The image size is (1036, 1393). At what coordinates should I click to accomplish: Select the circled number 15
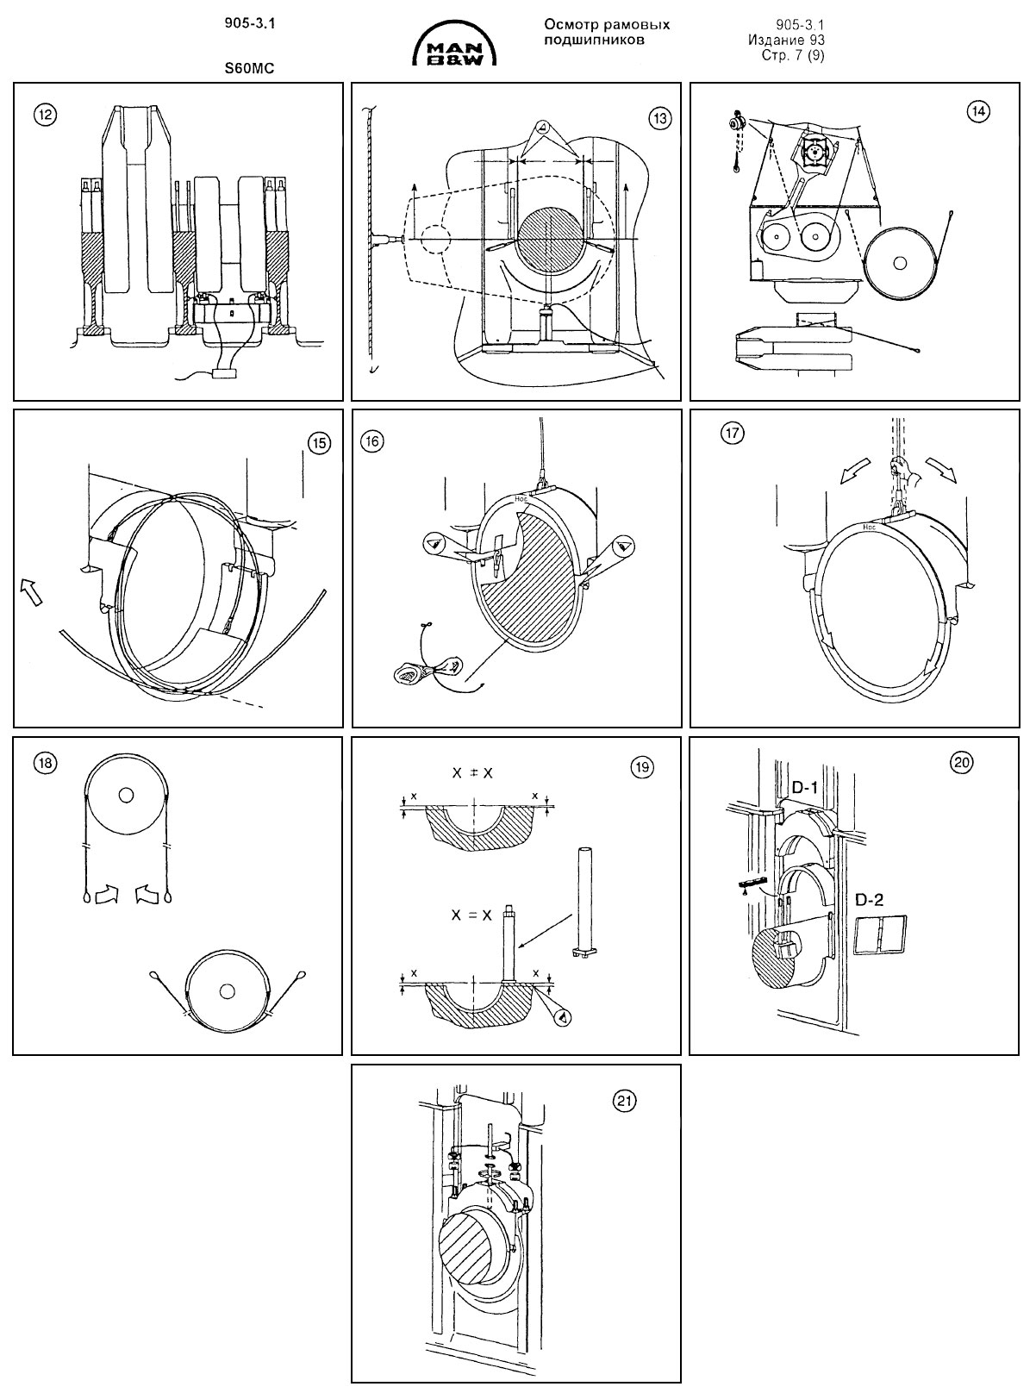coord(319,443)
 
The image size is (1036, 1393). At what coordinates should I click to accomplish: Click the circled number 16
coord(372,440)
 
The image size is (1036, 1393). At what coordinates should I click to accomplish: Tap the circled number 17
coord(732,433)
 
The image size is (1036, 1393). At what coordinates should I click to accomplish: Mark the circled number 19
coord(642,767)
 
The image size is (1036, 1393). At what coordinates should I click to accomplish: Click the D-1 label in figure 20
coord(804,787)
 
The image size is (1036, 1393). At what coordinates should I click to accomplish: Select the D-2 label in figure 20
coord(870,899)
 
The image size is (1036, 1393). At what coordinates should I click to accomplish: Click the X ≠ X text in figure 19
coord(473,772)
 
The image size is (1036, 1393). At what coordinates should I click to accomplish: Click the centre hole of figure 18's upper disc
coord(126,796)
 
